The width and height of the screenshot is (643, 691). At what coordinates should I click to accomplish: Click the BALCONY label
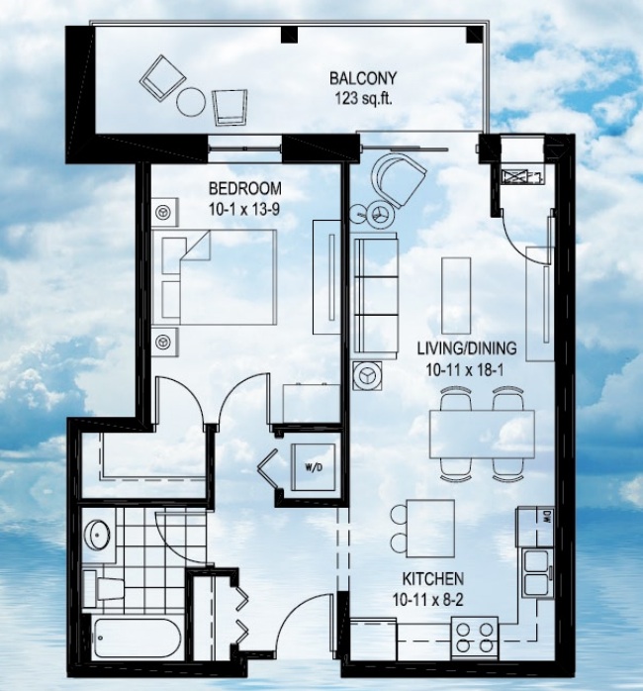click(x=363, y=78)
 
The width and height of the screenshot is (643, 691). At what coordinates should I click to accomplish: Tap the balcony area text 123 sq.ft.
click(x=363, y=99)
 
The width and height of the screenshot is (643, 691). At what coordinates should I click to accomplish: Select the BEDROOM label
click(x=245, y=189)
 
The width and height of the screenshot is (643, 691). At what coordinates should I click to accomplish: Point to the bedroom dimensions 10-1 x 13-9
click(x=244, y=209)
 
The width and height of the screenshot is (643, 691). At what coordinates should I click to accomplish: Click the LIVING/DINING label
click(x=467, y=348)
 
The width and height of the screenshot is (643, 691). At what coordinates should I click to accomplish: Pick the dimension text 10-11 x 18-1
click(x=465, y=370)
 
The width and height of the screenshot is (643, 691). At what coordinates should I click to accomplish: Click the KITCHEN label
click(x=433, y=578)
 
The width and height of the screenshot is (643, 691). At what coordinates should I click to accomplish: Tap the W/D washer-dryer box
click(x=314, y=467)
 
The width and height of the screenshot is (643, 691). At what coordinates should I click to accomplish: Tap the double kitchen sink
click(x=537, y=573)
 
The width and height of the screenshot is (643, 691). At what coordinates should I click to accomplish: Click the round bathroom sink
click(x=97, y=535)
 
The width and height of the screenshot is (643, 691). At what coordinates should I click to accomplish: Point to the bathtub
click(x=137, y=639)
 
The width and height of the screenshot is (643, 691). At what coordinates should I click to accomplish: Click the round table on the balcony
click(x=191, y=102)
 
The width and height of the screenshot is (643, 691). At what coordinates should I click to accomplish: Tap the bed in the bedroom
click(x=215, y=277)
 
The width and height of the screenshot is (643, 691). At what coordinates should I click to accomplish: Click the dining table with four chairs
click(x=483, y=434)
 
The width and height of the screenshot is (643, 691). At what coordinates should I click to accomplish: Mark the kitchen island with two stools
click(x=422, y=528)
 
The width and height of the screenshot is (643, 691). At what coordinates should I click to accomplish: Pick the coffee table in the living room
click(x=456, y=296)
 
